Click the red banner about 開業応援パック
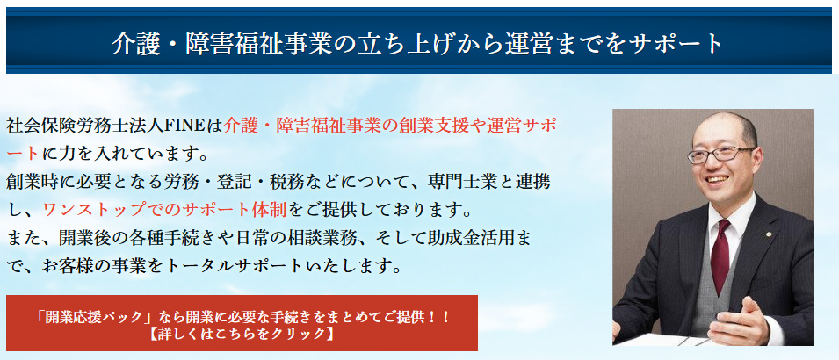pyautogui.click(x=242, y=322)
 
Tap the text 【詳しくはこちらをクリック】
pyautogui.click(x=242, y=334)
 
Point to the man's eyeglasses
pyautogui.click(x=720, y=154)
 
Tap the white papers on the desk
pyautogui.click(x=669, y=339)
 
